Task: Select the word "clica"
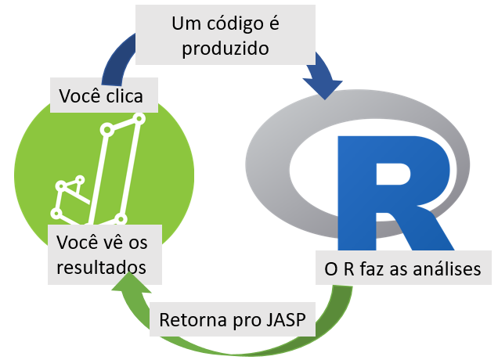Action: [133, 97]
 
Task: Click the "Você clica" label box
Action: [105, 97]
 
